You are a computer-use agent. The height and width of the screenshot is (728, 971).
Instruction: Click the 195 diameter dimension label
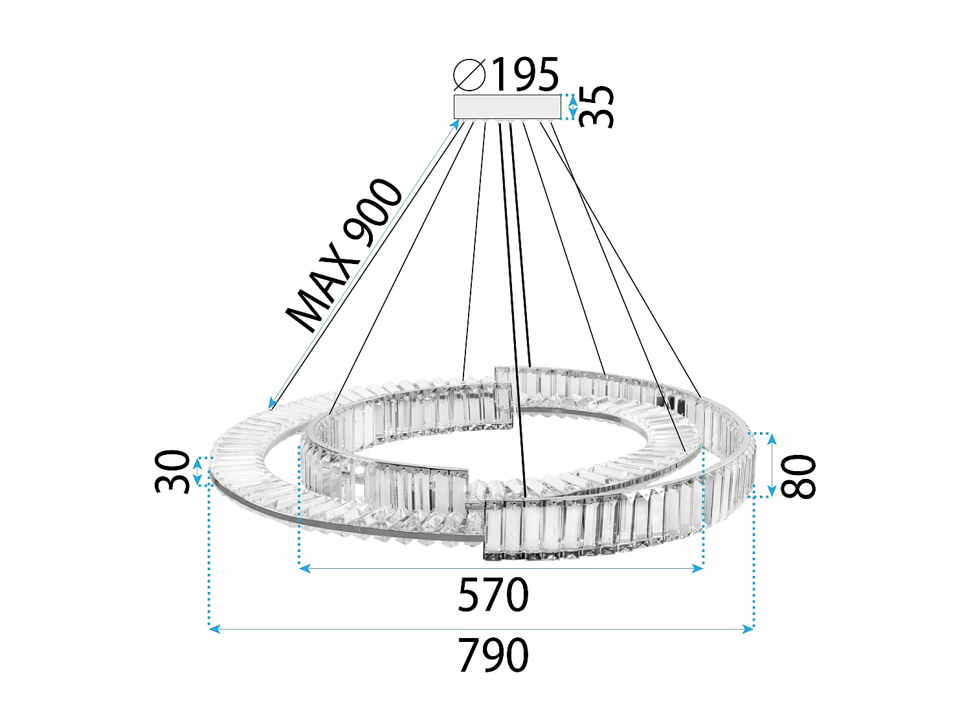tap(524, 74)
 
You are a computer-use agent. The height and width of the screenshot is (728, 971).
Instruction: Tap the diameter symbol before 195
tap(469, 74)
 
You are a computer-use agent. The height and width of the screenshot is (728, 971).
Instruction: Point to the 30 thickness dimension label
tap(173, 472)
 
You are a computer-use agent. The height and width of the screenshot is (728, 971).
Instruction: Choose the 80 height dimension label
tap(799, 476)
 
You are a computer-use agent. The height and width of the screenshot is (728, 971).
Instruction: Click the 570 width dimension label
tap(493, 595)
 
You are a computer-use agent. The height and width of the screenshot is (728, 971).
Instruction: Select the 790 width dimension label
tap(493, 656)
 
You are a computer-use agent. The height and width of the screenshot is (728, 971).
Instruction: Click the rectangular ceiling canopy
tap(507, 107)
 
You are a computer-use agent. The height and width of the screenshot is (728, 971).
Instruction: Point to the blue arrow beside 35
tap(572, 107)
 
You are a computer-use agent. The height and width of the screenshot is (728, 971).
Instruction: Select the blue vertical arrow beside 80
tap(772, 465)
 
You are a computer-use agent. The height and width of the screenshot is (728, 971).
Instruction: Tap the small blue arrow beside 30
tap(198, 471)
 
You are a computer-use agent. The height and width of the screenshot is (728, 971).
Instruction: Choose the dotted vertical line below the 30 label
tap(209, 557)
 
